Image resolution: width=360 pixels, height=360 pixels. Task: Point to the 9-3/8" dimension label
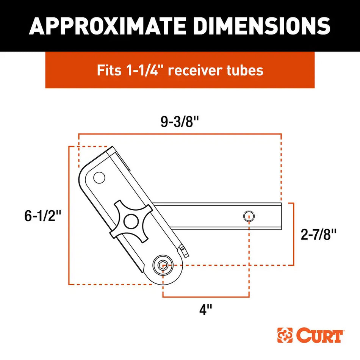coord(180,122)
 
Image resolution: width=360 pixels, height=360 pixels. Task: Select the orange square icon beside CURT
coord(285,335)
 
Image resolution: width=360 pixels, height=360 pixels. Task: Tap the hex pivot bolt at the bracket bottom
coord(163,266)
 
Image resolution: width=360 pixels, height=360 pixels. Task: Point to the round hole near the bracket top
coord(99,177)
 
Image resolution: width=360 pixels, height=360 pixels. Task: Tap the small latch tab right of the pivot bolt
coord(184,250)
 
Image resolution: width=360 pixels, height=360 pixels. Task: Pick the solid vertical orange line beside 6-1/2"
coord(69,216)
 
